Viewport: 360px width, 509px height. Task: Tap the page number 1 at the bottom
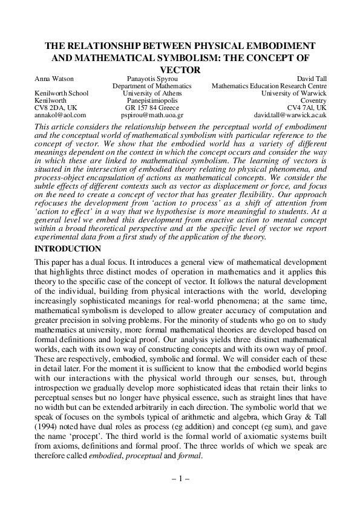181,478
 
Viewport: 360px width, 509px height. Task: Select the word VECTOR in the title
181,70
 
